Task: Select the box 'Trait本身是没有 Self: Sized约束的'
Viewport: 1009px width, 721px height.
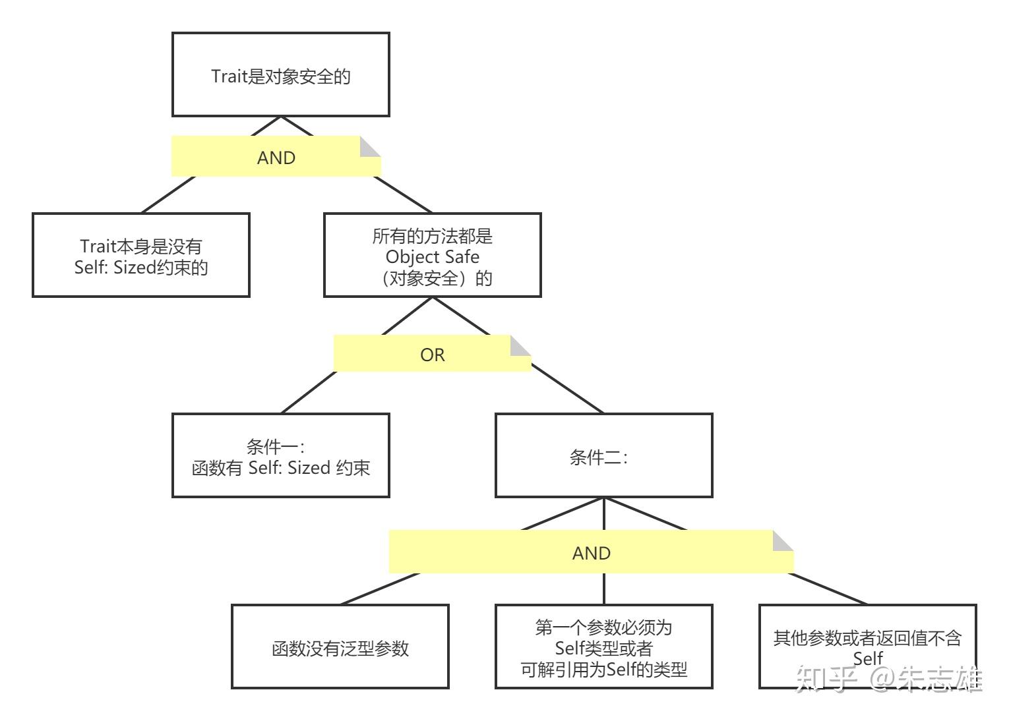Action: (140, 255)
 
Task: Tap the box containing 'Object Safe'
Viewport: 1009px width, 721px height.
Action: (432, 255)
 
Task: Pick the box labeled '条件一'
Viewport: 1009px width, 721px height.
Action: (280, 455)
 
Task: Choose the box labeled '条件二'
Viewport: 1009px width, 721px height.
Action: (603, 455)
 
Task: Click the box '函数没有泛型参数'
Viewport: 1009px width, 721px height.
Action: (340, 647)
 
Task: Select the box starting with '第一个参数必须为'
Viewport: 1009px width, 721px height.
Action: (603, 647)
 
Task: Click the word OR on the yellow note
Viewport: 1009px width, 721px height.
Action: (433, 355)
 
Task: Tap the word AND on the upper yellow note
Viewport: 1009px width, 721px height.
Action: (276, 158)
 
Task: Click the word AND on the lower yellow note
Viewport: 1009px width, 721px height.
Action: (592, 554)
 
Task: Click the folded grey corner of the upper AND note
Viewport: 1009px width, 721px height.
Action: (371, 146)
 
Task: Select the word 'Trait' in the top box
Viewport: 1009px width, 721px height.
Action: (228, 76)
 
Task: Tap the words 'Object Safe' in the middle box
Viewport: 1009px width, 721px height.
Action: (432, 256)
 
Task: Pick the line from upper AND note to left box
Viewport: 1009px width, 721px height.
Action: (168, 194)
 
